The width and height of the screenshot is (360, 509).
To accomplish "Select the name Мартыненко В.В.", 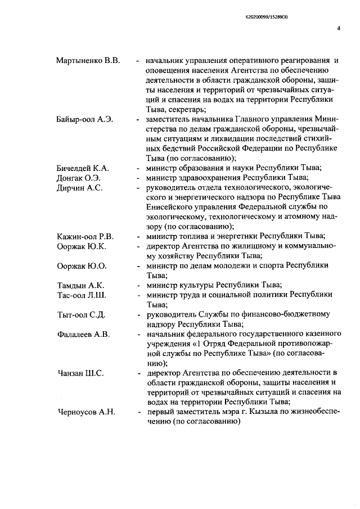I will coord(88,60).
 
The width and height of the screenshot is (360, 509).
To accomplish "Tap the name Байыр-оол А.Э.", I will coord(85,120).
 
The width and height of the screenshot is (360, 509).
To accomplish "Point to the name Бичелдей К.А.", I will coord(83,168).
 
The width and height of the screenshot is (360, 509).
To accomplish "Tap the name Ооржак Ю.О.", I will coord(82,265).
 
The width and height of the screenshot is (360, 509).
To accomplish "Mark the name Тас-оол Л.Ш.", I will coord(82,295).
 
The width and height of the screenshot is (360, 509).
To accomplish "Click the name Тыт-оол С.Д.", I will coord(82,314).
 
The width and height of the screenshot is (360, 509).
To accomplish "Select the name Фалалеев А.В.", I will coord(83,334).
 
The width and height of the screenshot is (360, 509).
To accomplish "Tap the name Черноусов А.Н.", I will coord(86,412).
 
